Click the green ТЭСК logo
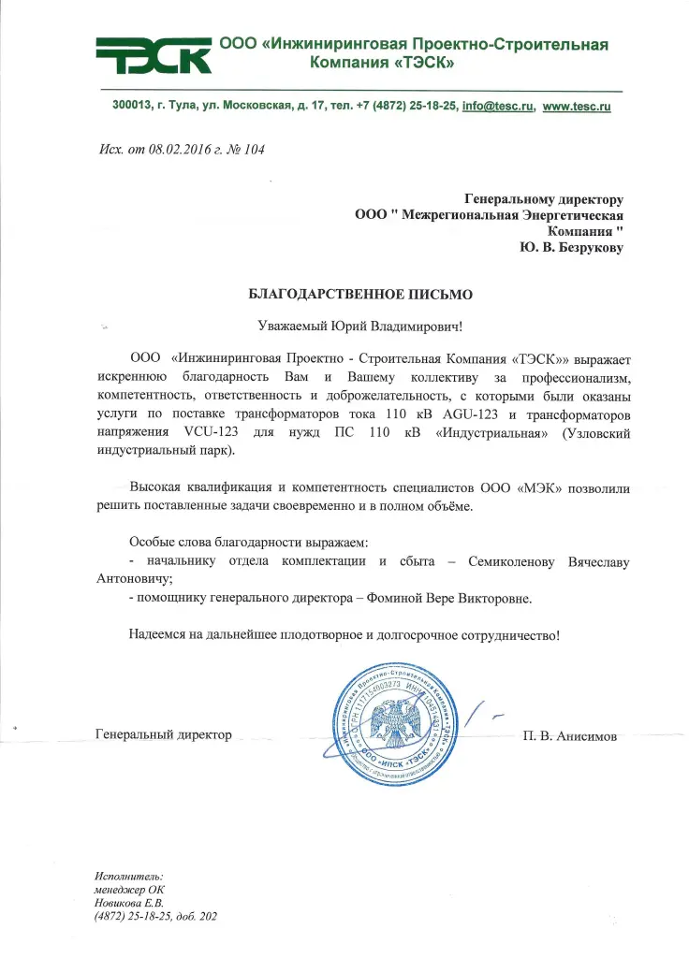tap(153, 55)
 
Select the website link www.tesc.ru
tap(577, 107)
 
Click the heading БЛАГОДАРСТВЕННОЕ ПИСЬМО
tap(359, 294)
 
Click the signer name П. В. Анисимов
tap(571, 736)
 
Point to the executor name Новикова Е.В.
tap(128, 902)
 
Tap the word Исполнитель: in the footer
tap(128, 874)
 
